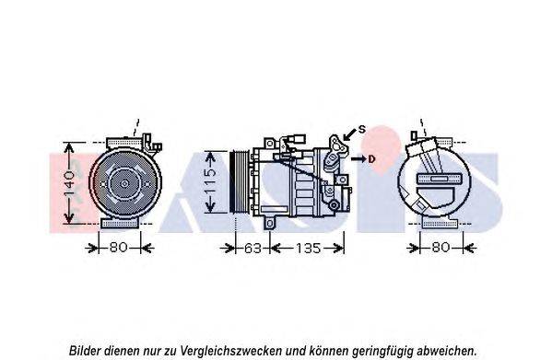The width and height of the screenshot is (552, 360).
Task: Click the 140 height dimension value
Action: (69, 183)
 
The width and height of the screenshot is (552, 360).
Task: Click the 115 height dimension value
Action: (210, 181)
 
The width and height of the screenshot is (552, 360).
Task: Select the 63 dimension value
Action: (253, 249)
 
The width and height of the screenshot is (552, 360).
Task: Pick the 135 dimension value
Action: (309, 249)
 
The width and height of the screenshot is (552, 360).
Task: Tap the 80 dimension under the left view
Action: (118, 247)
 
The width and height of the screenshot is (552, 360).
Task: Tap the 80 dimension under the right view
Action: (440, 247)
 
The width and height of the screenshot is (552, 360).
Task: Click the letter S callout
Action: (362, 130)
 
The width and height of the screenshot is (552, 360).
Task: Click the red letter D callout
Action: (371, 159)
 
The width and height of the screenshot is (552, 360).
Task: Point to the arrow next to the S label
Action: (349, 134)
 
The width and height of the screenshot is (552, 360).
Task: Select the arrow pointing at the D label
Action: (358, 159)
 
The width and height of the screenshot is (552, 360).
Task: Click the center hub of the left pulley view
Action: (124, 183)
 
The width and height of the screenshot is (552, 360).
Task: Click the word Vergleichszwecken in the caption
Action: (231, 351)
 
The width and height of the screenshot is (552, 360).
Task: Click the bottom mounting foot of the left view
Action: (120, 223)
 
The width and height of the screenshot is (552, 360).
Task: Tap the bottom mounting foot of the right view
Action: (440, 223)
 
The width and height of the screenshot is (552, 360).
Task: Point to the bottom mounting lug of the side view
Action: (270, 223)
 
